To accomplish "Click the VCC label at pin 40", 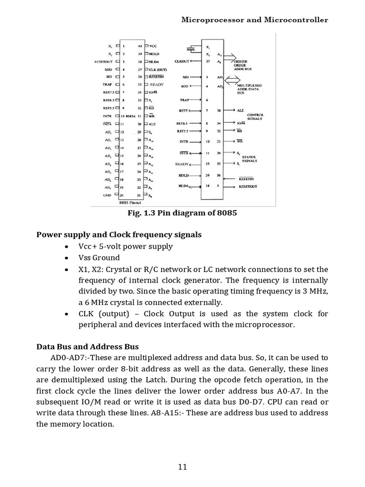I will [153, 46].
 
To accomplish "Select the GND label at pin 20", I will [107, 195].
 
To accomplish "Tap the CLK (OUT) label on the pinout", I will [158, 69].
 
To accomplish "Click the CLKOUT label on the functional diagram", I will [182, 61].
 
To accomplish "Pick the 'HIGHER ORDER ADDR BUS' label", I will [240, 65].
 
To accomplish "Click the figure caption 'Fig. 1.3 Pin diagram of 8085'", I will [182, 213].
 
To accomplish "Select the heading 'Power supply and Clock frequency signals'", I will [119, 234].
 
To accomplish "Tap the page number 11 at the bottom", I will [182, 467].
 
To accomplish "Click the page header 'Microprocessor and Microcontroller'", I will [255, 20].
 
